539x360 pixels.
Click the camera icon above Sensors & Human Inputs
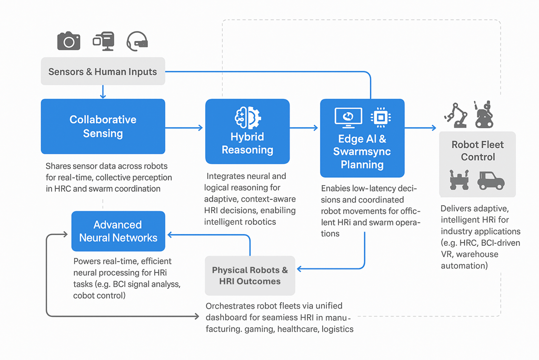[68, 41]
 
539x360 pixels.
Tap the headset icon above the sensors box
[137, 41]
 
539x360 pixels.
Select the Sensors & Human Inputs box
[103, 72]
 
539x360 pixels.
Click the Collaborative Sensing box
[103, 126]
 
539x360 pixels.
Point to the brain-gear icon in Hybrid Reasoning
[247, 117]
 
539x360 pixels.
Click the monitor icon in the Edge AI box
[348, 117]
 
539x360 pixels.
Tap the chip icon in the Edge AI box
[380, 117]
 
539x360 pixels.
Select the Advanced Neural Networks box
[118, 232]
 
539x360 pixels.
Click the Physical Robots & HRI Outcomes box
[250, 275]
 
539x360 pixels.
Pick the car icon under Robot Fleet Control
[491, 181]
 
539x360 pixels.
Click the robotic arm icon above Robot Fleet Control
[456, 115]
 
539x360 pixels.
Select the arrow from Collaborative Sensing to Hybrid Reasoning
[184, 127]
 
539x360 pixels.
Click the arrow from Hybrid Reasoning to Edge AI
[304, 127]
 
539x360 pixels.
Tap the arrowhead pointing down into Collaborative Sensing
[103, 96]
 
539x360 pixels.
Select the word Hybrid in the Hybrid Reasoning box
[247, 137]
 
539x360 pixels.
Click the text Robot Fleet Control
[477, 151]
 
